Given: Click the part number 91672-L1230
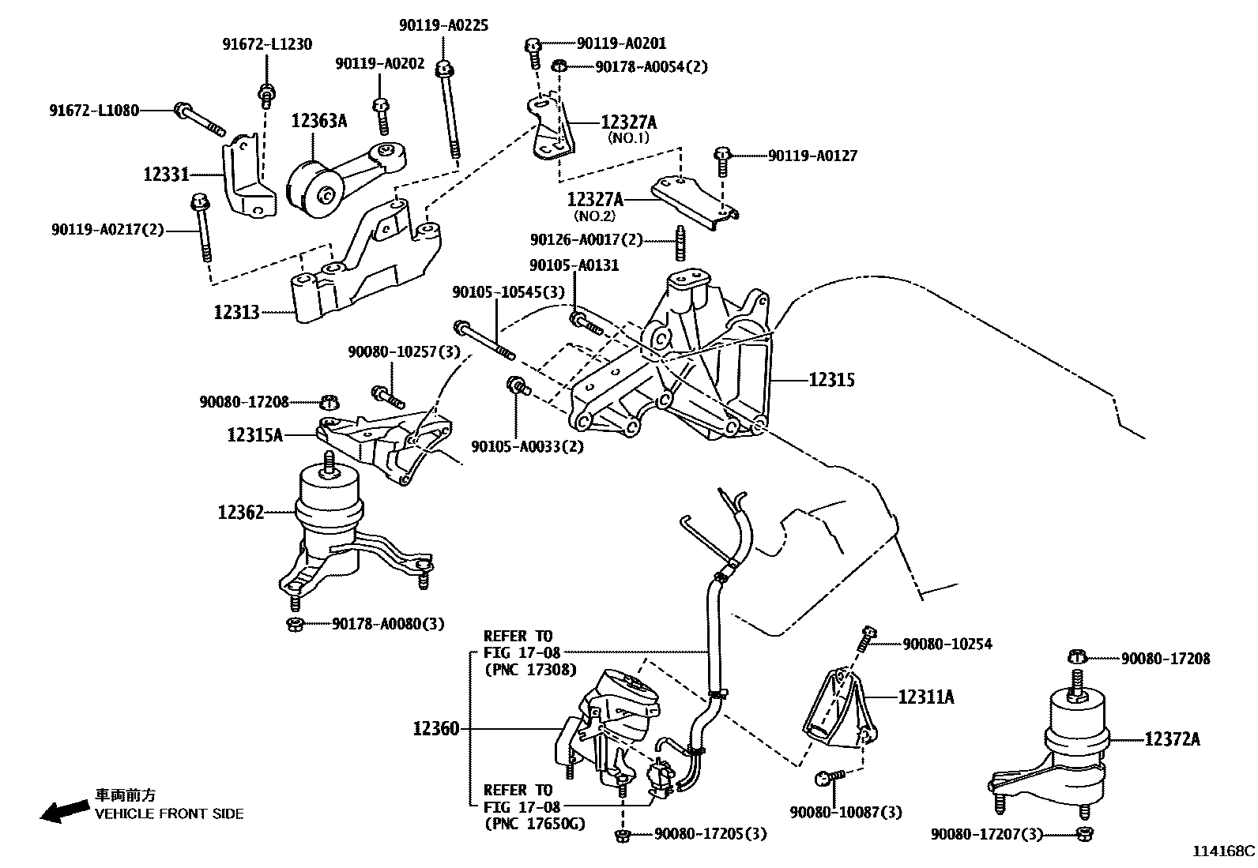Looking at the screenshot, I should [266, 45].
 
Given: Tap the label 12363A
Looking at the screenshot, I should [319, 121].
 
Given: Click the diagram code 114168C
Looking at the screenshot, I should [1223, 851].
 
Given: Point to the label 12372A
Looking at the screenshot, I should [1172, 739].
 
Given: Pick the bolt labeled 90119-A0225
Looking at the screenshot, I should [449, 111].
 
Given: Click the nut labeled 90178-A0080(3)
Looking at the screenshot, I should [295, 625].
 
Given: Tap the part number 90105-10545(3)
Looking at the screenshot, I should [508, 292].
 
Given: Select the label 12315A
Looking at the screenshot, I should [254, 434].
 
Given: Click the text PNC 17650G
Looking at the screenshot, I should [533, 825].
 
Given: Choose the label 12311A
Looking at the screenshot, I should [925, 697].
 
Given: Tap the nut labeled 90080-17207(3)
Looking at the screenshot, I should [1084, 833].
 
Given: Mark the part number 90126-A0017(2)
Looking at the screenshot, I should [586, 239].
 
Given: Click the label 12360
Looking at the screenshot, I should [435, 728].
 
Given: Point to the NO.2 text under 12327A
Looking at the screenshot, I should [594, 216].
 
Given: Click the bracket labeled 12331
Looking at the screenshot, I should [246, 178].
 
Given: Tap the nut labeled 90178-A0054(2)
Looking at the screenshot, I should [559, 66].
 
